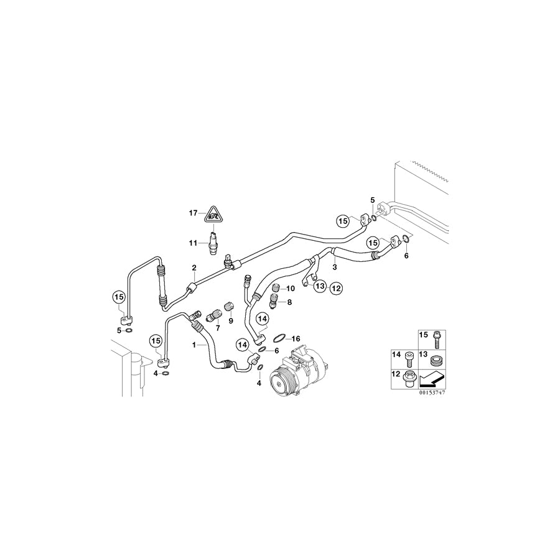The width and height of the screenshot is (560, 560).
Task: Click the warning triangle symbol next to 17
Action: coord(213,214)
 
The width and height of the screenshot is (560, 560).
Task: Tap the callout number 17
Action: coord(193,213)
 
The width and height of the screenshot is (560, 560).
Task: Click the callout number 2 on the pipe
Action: coord(194,268)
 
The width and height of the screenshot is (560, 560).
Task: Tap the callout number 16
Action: coord(296,338)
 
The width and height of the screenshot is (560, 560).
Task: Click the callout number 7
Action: coord(218,327)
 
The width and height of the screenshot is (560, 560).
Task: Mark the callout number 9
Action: coord(230,320)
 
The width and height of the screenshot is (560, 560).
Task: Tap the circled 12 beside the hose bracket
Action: coord(336,288)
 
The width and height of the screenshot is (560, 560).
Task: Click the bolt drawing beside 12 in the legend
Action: coord(409,378)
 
